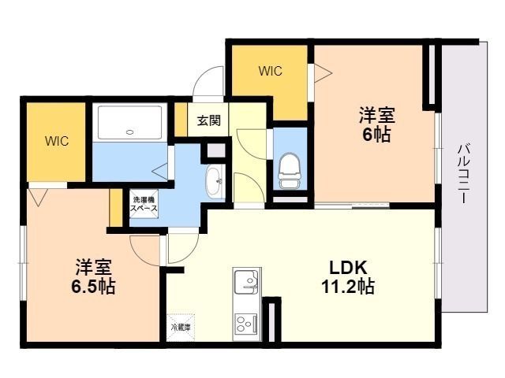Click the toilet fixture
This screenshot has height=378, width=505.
coord(290,171)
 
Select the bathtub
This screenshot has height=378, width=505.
coord(129,122)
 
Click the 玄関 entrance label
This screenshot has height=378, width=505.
coord(208,120)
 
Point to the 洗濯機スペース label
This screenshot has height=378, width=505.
coord(144,204)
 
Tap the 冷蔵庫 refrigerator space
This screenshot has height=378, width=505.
coord(181,328)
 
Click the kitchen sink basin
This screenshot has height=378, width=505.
coord(246,282)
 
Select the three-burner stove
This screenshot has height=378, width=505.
coord(246,324)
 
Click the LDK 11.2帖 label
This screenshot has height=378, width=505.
coord(348,276)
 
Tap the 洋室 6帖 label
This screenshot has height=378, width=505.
coord(377,124)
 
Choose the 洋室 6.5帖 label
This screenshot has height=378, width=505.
coord(93,276)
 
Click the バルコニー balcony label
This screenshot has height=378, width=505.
coord(463,174)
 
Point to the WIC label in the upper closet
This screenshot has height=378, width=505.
coord(271,71)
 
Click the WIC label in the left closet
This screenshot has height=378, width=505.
coord(57,141)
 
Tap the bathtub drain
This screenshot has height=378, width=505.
coord(130,132)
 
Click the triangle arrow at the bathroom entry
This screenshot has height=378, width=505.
coord(160,171)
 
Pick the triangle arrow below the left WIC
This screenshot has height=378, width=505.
coord(38,197)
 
